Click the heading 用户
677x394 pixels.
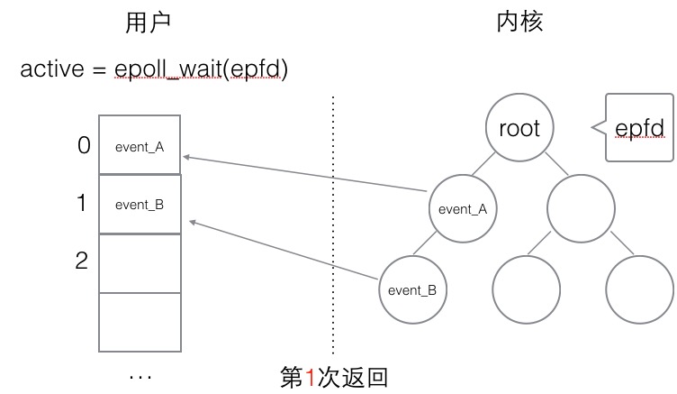147,24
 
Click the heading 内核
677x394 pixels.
519,24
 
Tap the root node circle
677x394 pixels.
519,127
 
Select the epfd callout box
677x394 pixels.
640,127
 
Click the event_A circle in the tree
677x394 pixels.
462,208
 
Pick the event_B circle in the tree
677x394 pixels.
411,290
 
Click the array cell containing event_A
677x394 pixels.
140,144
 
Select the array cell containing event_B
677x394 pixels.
140,204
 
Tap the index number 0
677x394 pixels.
84,144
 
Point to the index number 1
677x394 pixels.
81,204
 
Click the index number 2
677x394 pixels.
82,261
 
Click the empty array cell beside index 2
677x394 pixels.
140,262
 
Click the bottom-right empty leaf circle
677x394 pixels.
639,290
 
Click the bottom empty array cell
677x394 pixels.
140,322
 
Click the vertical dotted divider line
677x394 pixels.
333,225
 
